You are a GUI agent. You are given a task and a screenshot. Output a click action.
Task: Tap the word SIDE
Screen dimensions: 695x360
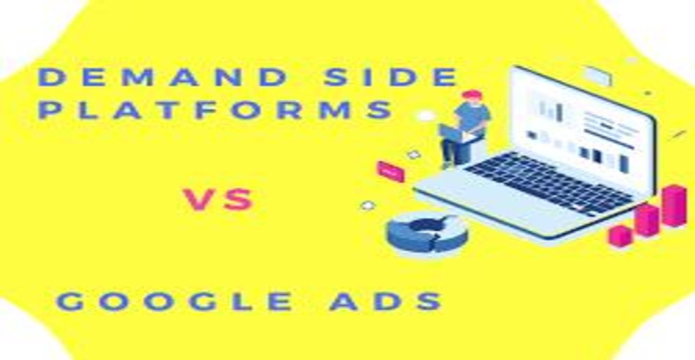(391, 77)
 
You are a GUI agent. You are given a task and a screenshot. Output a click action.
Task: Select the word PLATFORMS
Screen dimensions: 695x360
(217, 110)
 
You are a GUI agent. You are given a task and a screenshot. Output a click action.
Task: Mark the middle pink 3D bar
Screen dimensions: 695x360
(647, 220)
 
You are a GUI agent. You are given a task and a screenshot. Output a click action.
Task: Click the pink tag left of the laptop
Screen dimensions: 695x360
(391, 171)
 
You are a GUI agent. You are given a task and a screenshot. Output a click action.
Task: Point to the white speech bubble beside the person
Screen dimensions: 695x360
(425, 116)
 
